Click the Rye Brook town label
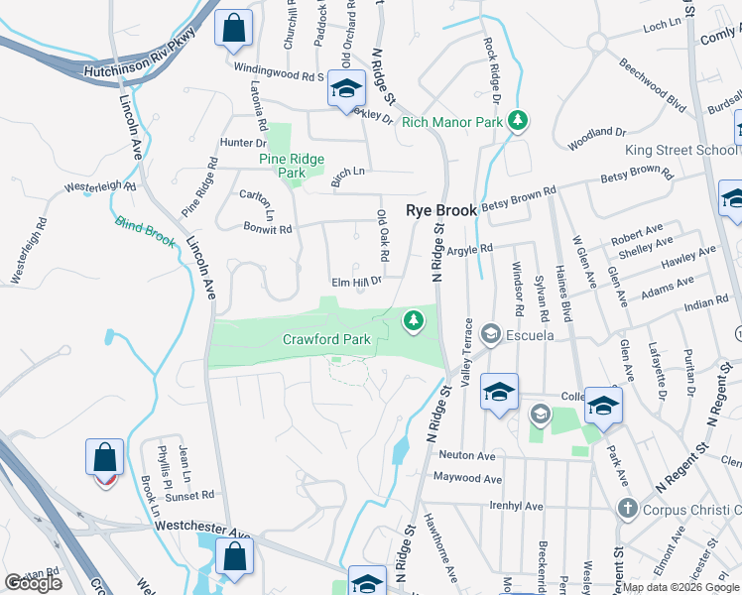[441, 210]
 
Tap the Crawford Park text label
[326, 339]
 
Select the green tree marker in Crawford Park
[414, 320]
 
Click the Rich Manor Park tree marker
[517, 122]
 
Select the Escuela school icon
[488, 334]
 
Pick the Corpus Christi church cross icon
[626, 509]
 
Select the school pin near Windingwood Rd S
[346, 90]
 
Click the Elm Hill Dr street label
[356, 282]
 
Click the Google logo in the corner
[33, 583]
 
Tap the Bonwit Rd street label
[268, 229]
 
